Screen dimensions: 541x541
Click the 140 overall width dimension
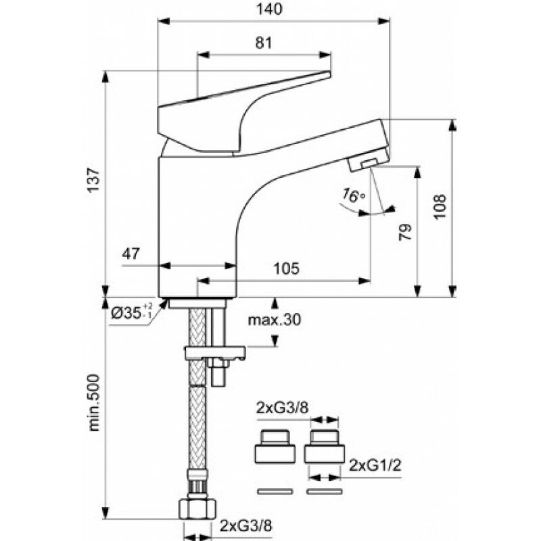pos(274,9)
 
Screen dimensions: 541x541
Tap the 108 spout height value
pos(440,206)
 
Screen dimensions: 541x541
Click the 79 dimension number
pos(404,233)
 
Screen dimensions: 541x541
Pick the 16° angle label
pos(353,196)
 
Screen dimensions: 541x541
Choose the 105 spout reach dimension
pos(287,268)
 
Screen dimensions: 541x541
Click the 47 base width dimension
pos(131,254)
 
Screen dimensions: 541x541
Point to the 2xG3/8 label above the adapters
pos(282,408)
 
